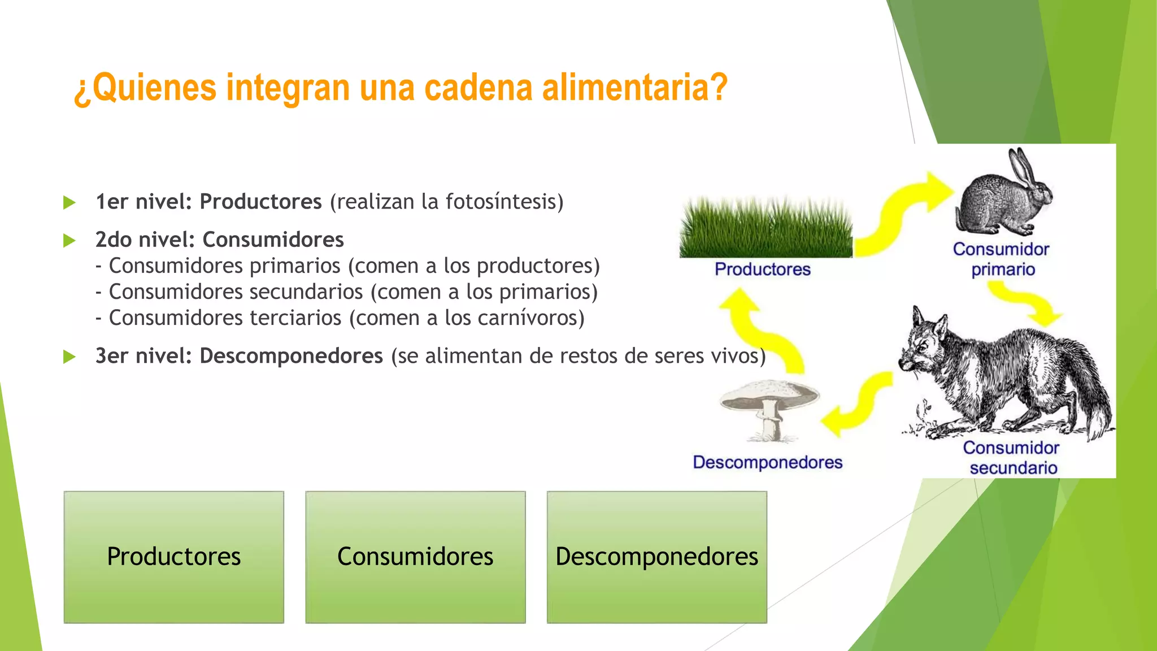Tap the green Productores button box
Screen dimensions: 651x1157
click(x=174, y=557)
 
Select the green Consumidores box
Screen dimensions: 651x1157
click(x=415, y=557)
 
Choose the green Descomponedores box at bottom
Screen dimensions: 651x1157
click(x=656, y=557)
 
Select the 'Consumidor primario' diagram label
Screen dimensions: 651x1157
click(x=1001, y=259)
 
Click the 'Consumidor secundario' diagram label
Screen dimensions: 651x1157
click(x=1011, y=458)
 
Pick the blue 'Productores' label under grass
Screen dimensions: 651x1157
click(x=762, y=270)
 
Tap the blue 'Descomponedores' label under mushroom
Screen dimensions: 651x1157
click(x=767, y=462)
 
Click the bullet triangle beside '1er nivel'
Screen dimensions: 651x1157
click(x=69, y=202)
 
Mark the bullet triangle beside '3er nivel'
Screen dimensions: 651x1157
click(x=69, y=357)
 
